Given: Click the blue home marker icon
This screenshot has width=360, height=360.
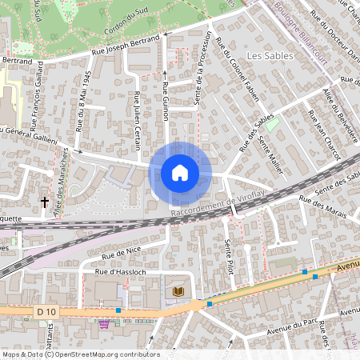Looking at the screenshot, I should click(180, 172).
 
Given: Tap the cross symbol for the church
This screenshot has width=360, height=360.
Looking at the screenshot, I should click(45, 203).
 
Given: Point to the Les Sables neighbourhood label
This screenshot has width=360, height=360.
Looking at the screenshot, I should click(266, 56).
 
